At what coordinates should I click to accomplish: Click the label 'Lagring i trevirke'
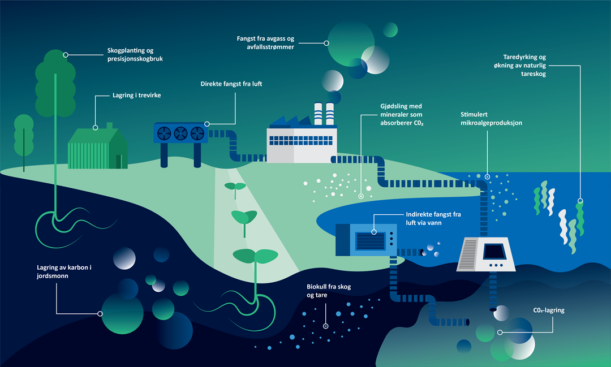(x=136, y=96)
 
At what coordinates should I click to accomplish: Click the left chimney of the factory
(x=318, y=114)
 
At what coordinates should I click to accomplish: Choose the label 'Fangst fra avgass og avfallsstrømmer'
(x=265, y=42)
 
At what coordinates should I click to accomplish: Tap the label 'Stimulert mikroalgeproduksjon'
(x=491, y=118)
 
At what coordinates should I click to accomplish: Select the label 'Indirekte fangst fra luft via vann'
(x=433, y=219)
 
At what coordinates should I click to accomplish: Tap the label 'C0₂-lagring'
(x=549, y=310)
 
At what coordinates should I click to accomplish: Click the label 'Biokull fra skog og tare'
(x=329, y=291)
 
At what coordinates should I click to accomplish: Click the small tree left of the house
(x=24, y=136)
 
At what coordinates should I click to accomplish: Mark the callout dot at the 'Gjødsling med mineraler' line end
(x=362, y=196)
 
